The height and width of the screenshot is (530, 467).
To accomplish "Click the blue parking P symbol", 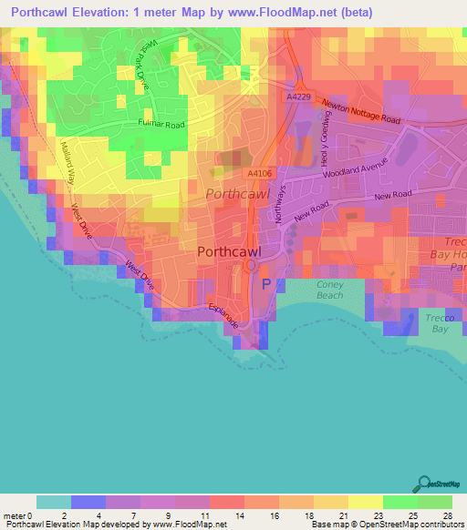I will (x=266, y=284).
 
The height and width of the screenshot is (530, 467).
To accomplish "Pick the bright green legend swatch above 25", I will (x=400, y=502).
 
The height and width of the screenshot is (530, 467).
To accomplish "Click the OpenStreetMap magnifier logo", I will (x=425, y=484).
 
